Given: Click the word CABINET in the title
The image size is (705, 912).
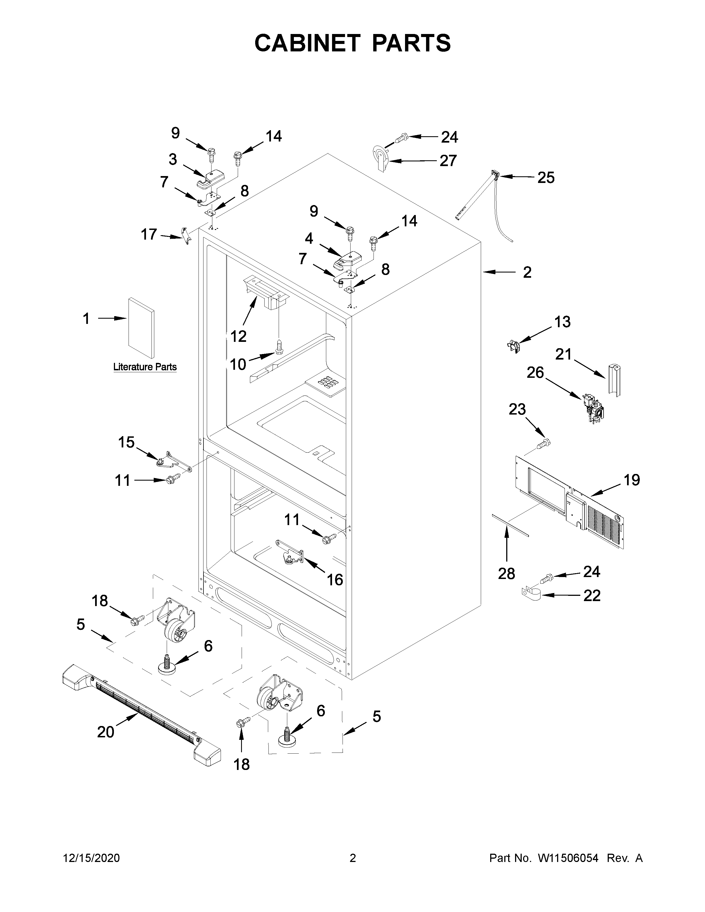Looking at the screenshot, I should click(x=307, y=43).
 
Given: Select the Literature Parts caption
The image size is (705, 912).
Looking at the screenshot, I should click(x=145, y=367).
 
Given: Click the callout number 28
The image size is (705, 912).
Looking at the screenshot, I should click(x=506, y=574).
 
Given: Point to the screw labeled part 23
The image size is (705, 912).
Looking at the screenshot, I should click(x=544, y=444).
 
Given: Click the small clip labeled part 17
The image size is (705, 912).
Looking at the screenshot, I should click(x=186, y=236).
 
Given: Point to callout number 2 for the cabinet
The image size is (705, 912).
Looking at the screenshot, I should click(x=527, y=272).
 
